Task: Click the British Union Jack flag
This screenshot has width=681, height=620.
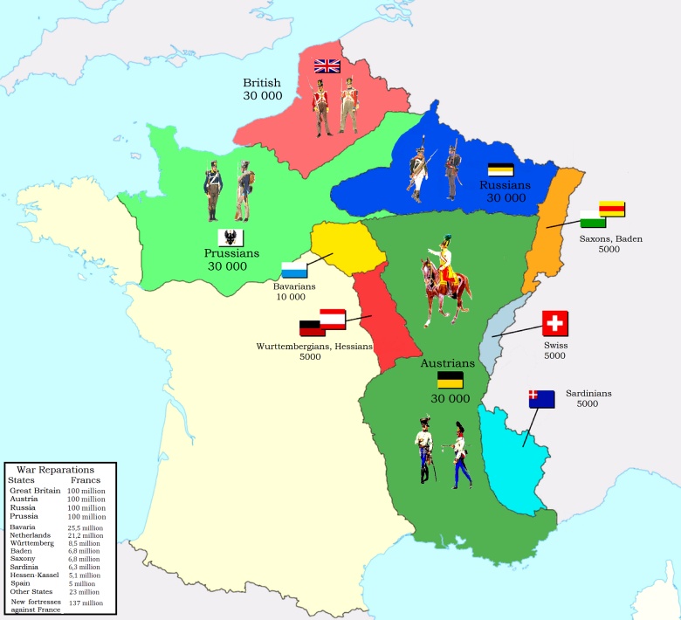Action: [327, 65]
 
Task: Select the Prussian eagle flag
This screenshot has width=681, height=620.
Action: [230, 237]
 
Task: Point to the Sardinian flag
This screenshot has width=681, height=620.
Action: [540, 399]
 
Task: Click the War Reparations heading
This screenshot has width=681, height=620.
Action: [58, 469]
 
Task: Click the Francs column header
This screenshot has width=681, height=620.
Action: [86, 480]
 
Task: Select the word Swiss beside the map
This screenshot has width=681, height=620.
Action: [555, 345]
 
